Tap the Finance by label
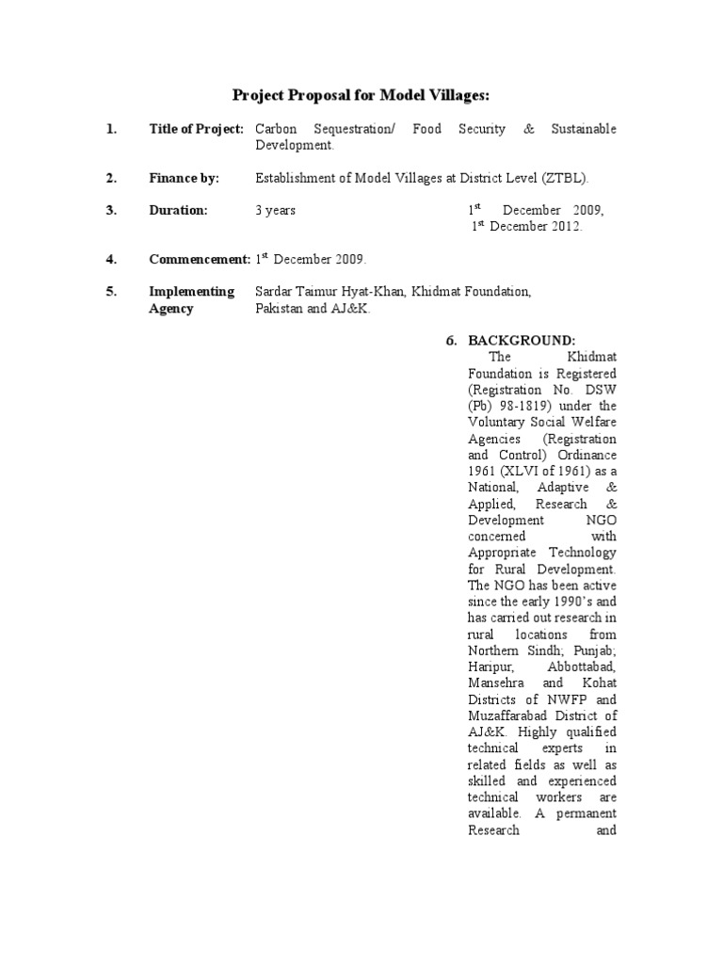tap(184, 178)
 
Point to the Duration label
tap(178, 210)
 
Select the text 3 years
tap(276, 210)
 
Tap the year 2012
tap(563, 227)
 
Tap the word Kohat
tap(598, 683)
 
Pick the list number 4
tap(111, 259)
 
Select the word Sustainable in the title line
tap(584, 129)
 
